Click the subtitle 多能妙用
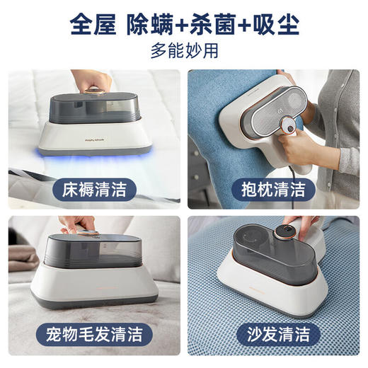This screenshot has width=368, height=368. [183, 52]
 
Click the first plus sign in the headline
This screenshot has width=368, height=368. [183, 25]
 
